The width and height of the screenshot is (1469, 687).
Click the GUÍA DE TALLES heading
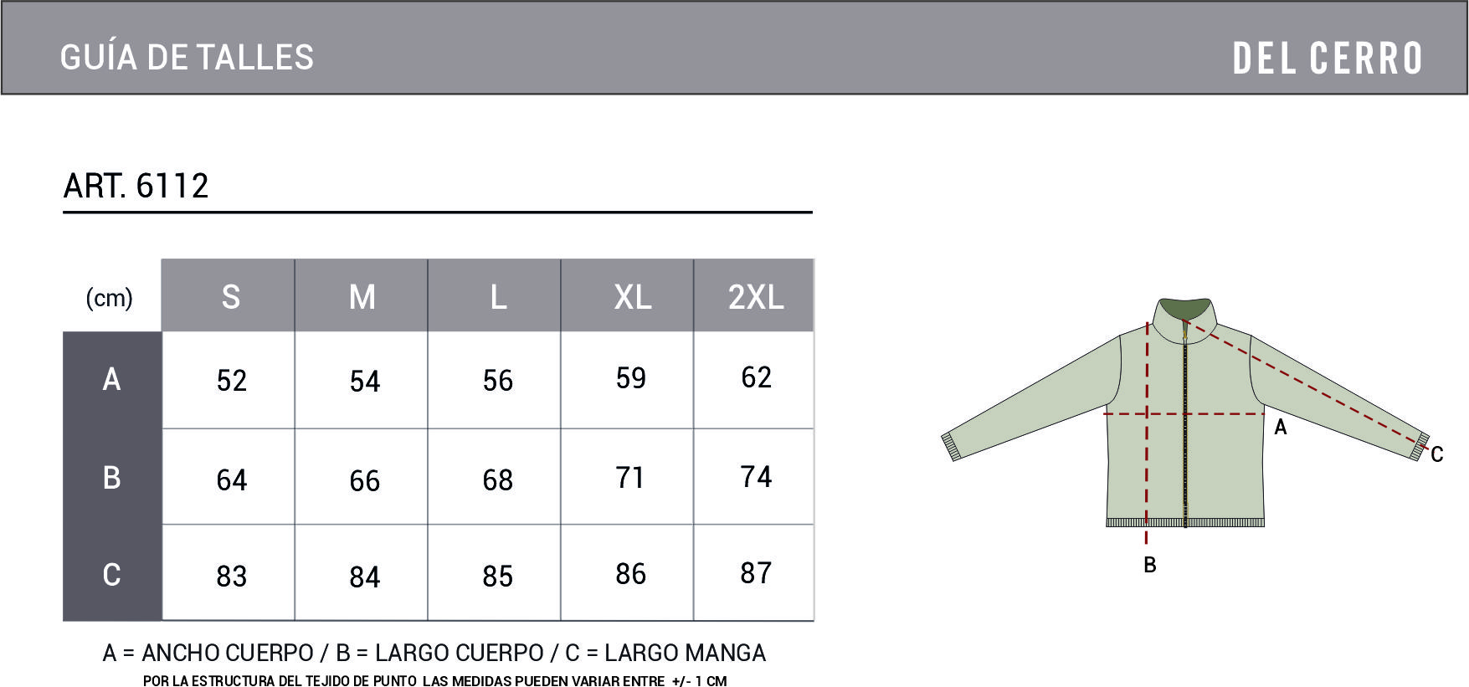[187, 57]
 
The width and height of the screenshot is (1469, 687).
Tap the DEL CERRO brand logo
[1328, 59]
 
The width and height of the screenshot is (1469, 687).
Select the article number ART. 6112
[136, 186]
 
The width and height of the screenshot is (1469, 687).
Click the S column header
[231, 297]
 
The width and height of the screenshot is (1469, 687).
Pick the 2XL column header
[756, 297]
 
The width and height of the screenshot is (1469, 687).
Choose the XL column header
[633, 297]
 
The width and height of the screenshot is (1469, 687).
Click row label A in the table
[111, 379]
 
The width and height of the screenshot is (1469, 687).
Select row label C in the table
[111, 575]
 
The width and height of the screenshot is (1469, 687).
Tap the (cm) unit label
[110, 298]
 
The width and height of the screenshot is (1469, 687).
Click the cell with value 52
[232, 381]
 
